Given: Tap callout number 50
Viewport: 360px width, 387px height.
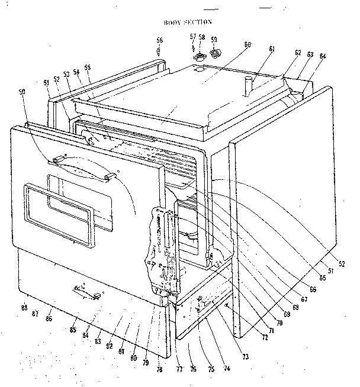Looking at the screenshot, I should tap(23, 93).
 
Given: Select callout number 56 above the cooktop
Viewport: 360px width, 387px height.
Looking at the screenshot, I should tap(159, 40).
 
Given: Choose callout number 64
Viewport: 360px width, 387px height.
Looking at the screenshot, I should tap(322, 56).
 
